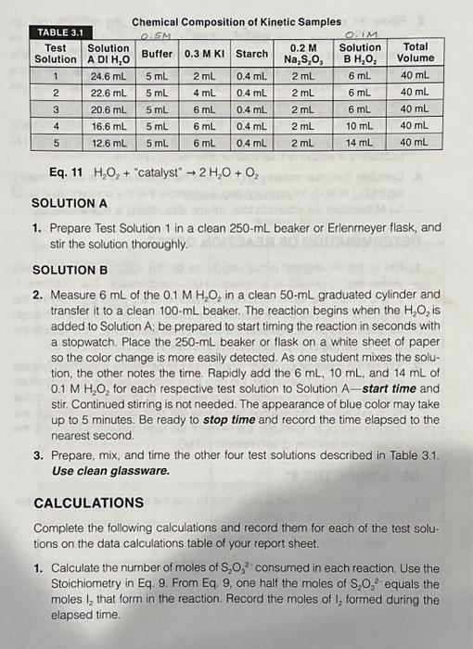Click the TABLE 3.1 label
click(x=57, y=32)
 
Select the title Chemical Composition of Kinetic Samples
click(x=236, y=21)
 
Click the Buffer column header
click(x=157, y=53)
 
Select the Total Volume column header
click(x=415, y=52)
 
